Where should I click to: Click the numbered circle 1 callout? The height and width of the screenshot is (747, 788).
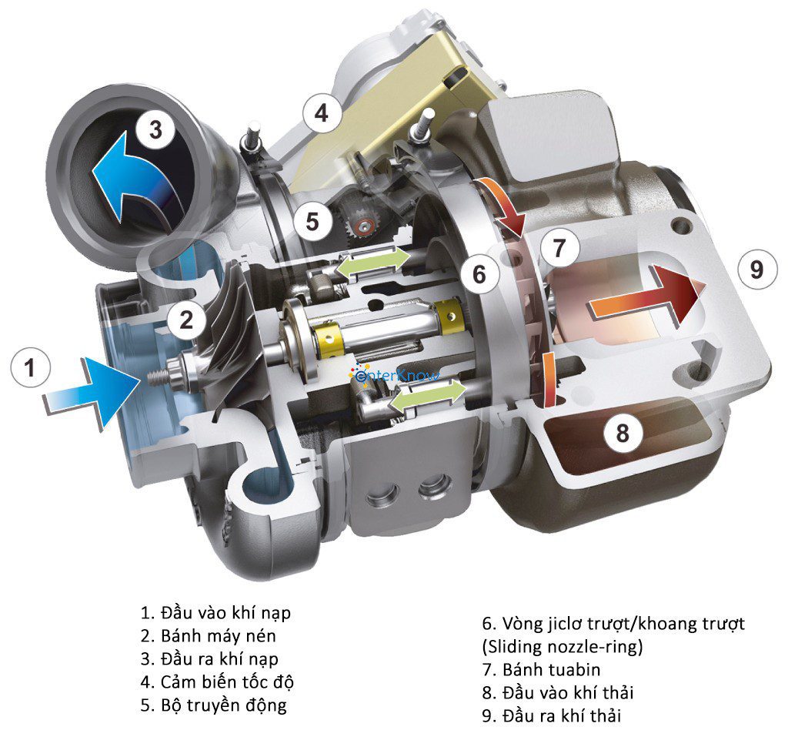click(x=30, y=369)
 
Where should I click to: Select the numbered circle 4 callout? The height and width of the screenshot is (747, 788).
click(x=320, y=113)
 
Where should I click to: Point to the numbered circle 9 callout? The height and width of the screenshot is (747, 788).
click(x=756, y=270)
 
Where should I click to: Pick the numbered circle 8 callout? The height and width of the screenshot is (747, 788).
click(x=622, y=434)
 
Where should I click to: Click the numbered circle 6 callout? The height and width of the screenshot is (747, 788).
click(x=479, y=274)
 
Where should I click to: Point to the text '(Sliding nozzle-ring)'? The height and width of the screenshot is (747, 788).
click(x=561, y=646)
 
